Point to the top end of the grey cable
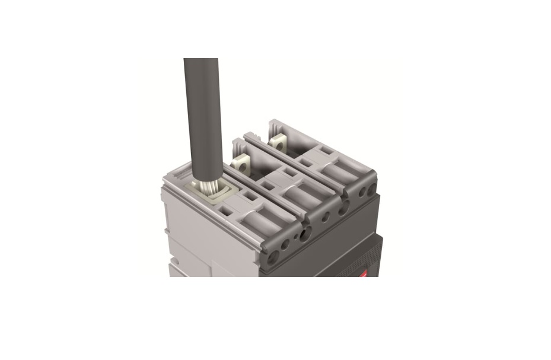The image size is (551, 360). (202, 60)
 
